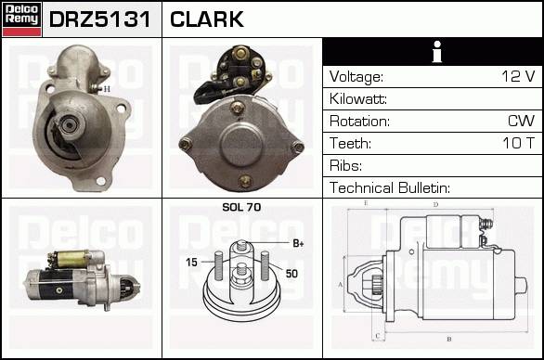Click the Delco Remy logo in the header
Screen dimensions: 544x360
coord(21,19)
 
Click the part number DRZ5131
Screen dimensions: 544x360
coord(100,19)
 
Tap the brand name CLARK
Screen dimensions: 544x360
coord(207,19)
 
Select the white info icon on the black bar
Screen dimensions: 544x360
coord(437,51)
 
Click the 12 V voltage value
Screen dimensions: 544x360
coord(518,76)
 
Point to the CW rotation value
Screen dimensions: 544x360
coord(521,121)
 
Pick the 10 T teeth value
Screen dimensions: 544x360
coord(519,143)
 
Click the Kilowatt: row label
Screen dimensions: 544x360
coord(358,99)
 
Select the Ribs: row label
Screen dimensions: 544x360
coord(345,165)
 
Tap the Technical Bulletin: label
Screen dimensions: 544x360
coord(390,187)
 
